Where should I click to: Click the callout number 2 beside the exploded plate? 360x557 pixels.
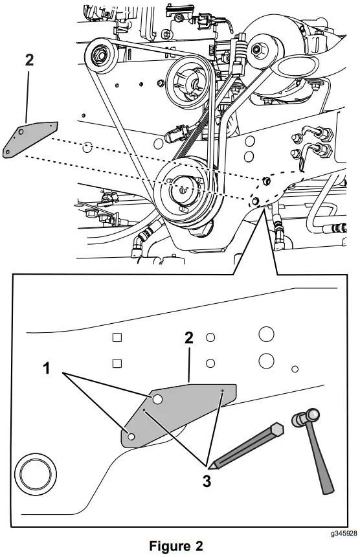coord(29,62)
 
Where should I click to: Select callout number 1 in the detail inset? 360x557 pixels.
coord(46,369)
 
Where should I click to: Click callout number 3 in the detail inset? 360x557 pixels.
coord(207,482)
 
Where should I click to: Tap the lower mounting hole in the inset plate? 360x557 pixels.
coord(131,438)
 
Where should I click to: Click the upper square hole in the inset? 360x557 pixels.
coord(117,337)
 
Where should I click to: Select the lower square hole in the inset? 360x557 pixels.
coord(117,362)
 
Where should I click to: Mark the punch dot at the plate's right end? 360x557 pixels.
coord(223,391)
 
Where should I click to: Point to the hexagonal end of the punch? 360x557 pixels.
coord(277,429)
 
